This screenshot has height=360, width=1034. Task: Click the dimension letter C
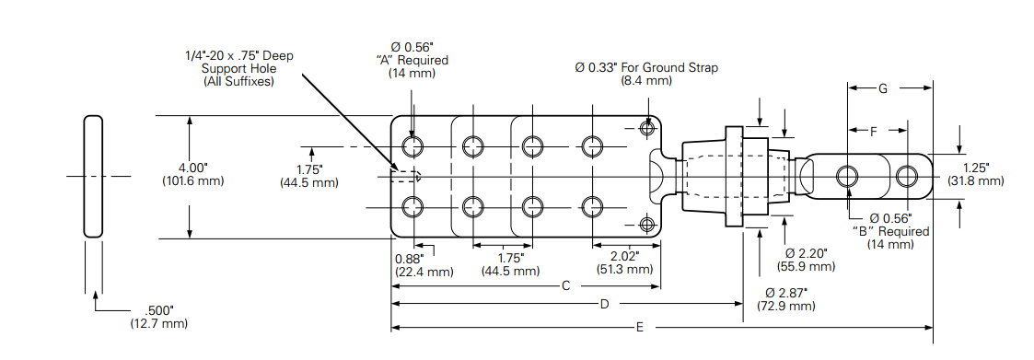[x=565, y=286]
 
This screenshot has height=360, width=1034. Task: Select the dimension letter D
[x=604, y=304]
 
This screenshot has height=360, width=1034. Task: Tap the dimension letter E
[x=639, y=328]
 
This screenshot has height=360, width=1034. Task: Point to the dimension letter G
[x=883, y=88]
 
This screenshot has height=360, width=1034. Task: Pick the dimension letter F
[x=873, y=132]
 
